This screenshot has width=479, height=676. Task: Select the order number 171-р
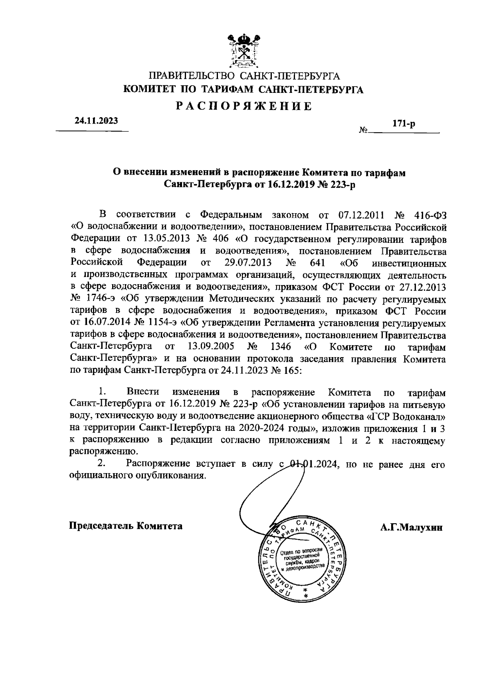(x=404, y=124)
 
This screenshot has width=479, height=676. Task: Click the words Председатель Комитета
(x=126, y=525)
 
